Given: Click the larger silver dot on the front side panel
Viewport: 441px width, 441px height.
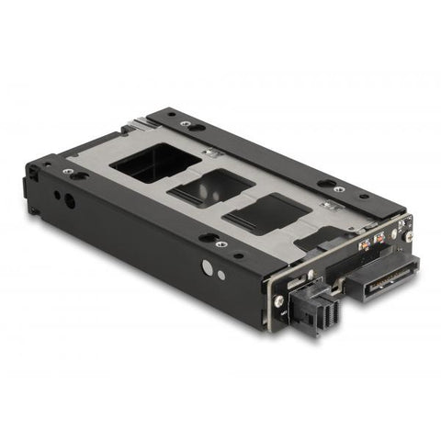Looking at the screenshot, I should [205, 267].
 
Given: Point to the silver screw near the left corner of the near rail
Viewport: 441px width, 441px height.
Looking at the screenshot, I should [67, 172].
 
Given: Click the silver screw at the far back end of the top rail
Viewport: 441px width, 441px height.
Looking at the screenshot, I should [187, 125].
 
